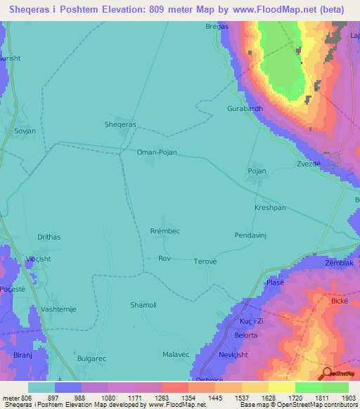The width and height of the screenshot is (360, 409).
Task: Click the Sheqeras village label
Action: (x=120, y=124)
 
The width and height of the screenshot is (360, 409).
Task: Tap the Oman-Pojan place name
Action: (x=156, y=152)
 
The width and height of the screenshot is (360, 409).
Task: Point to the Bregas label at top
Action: (x=217, y=26)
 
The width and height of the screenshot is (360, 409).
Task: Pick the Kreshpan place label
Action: (x=270, y=208)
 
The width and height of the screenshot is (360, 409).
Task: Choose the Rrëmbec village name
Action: (x=165, y=231)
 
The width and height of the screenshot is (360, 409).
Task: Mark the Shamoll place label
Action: (x=143, y=304)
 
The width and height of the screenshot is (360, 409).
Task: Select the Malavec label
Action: (x=176, y=354)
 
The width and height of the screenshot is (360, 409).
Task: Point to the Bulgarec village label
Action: (x=91, y=358)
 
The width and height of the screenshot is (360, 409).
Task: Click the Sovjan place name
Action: (x=25, y=131)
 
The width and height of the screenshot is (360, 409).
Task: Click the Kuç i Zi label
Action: (x=251, y=320)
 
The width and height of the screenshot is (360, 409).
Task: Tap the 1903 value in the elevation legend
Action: (x=339, y=397)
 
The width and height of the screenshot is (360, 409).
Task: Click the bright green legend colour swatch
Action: (x=308, y=387)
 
